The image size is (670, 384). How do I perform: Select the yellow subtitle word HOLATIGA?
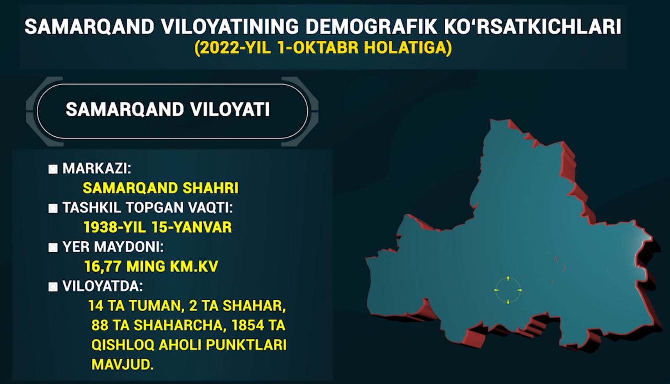point(407,47)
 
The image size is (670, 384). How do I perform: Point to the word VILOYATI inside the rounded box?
point(230,109)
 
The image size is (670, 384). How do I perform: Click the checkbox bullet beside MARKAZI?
point(53,169)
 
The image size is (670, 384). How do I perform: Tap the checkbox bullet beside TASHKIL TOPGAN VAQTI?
point(53,208)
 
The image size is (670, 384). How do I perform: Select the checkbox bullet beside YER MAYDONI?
point(53,247)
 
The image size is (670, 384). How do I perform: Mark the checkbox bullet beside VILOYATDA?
point(53,287)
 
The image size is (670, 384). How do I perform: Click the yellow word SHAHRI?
point(211,188)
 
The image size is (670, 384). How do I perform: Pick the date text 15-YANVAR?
point(192,227)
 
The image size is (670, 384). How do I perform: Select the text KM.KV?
point(194,266)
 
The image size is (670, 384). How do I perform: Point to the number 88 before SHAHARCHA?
point(100,325)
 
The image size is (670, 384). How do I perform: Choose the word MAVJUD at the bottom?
point(122,365)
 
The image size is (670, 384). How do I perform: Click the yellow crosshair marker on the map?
point(508,290)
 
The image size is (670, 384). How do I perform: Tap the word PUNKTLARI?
point(246,345)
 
